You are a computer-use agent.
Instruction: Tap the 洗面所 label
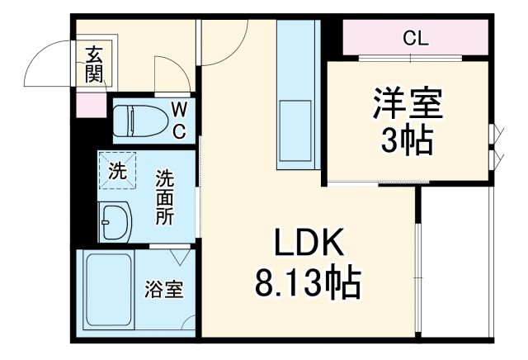point(166,198)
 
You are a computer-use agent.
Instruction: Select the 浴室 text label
point(164,291)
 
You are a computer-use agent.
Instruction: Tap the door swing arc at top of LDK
point(225,45)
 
